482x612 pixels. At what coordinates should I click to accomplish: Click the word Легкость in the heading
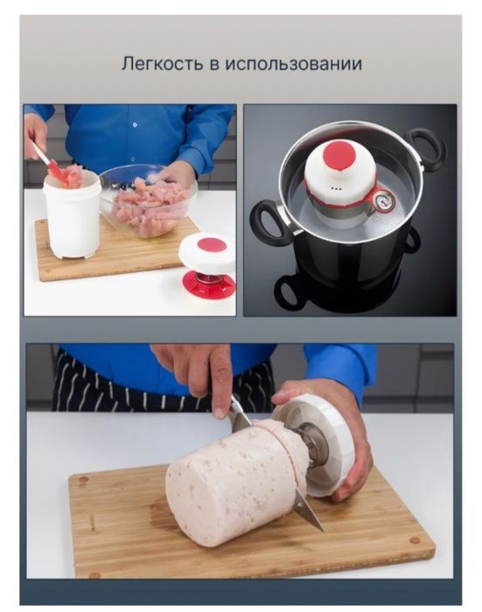[162, 63]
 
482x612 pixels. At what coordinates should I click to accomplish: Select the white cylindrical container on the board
[72, 215]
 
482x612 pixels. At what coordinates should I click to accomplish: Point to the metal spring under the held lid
[311, 446]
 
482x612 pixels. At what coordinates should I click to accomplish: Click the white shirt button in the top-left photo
[135, 125]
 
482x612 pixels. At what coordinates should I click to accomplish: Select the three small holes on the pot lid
[334, 188]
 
